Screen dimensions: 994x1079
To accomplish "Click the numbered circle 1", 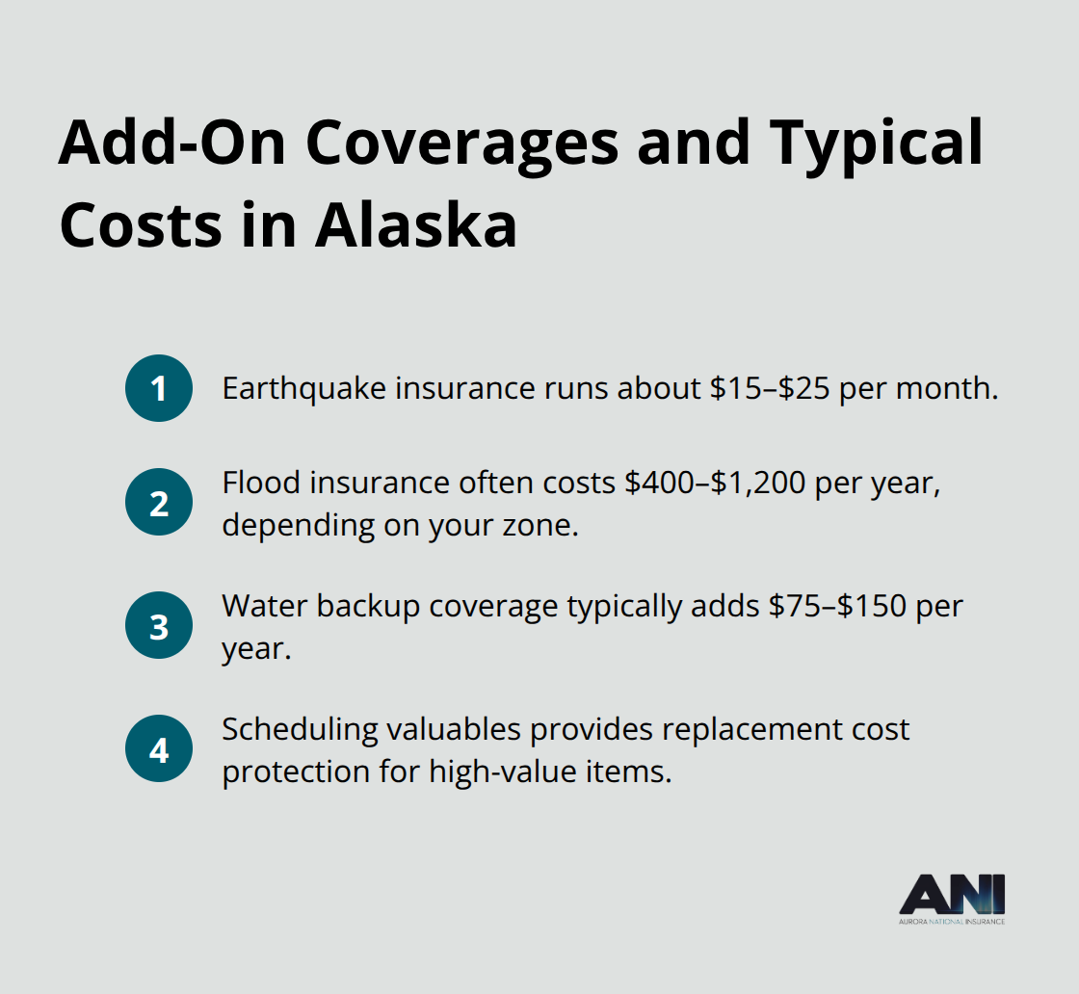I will tap(159, 388).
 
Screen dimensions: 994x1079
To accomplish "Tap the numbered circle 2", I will tap(159, 502).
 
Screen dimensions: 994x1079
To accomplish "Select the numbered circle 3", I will tap(159, 625).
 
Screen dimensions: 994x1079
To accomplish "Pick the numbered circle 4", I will tap(159, 748).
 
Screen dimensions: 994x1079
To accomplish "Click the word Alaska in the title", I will tap(416, 225).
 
